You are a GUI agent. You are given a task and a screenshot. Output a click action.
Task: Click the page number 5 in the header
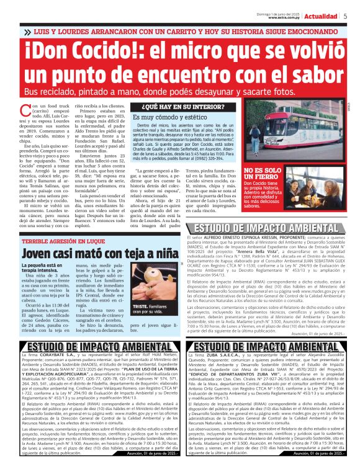[345, 16]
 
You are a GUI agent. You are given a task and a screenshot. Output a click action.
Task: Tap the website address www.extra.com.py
[285, 17]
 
